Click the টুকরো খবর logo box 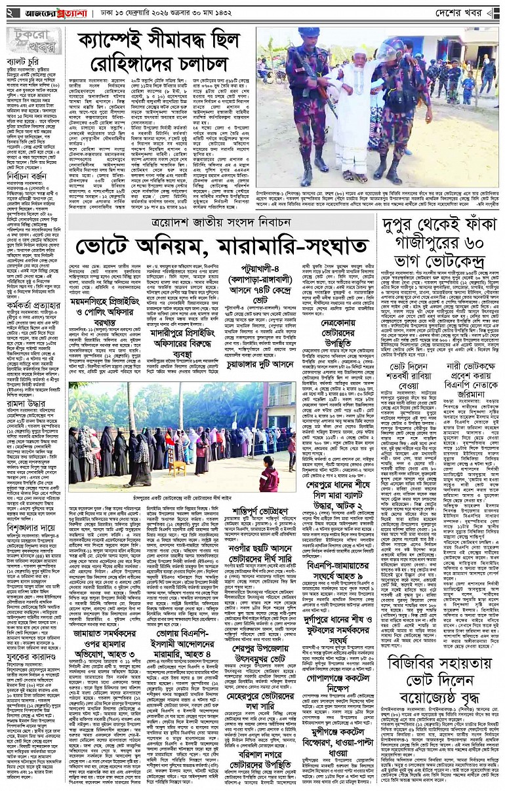[33, 41]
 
